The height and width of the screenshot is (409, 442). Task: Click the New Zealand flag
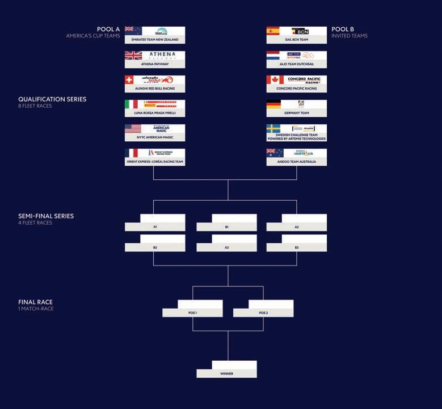(133, 31)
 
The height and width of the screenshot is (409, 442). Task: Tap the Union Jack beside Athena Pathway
(133, 55)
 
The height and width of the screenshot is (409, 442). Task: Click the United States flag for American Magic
(133, 129)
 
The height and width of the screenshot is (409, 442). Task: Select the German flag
(273, 104)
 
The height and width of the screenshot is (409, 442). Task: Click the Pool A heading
(108, 29)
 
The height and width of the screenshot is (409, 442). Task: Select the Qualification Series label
(52, 99)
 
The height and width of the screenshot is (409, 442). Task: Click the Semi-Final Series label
(46, 216)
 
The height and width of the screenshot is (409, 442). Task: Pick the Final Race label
(35, 302)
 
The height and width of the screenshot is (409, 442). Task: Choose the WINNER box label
(226, 374)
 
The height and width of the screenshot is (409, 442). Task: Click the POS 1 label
(192, 313)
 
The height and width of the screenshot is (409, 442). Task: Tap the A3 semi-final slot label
(226, 248)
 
